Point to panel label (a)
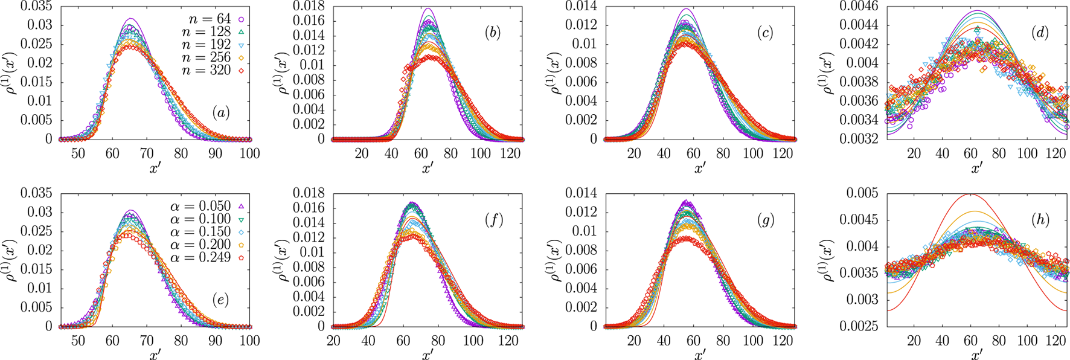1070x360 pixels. point(220,113)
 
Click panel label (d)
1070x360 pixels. point(1039,33)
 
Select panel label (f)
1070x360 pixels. point(493,220)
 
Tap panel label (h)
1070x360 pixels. point(1039,220)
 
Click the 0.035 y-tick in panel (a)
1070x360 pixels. point(36,7)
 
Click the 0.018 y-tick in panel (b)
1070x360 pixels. point(309,7)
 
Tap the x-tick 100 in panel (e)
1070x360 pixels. point(249,341)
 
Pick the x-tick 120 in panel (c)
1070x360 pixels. point(783,153)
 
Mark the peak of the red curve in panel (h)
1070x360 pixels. point(970,194)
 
